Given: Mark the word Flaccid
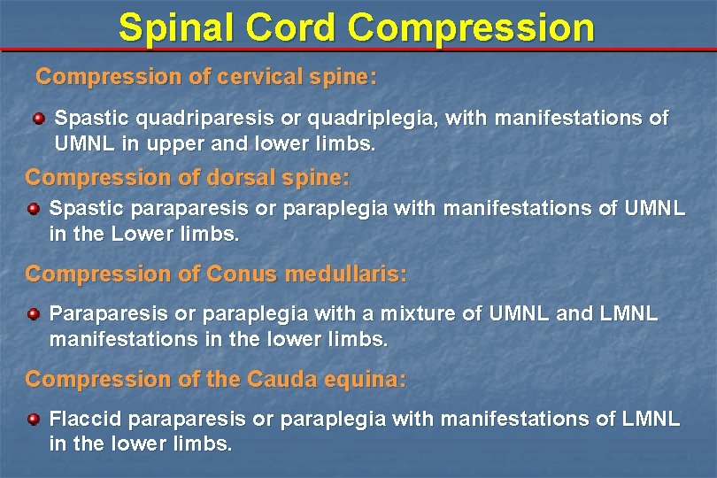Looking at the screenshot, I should (x=81, y=419).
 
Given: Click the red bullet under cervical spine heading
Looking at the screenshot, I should (x=39, y=118).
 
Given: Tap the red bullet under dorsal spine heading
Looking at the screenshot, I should (x=33, y=209).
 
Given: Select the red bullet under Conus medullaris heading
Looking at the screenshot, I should (x=33, y=314).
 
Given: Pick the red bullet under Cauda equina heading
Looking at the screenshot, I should (x=33, y=419).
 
